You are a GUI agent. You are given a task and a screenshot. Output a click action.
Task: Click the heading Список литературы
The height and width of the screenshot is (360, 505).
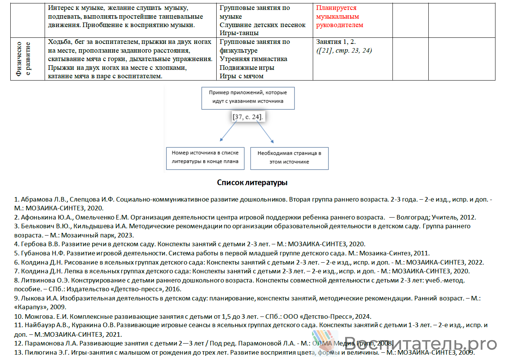(252, 182)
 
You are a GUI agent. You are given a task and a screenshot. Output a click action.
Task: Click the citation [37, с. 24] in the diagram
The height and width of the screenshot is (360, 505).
(248, 117)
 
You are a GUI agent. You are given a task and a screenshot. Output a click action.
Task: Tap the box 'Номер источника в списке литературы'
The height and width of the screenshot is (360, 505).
(205, 157)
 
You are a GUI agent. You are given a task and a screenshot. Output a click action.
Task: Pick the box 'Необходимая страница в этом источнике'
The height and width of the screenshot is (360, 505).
(289, 158)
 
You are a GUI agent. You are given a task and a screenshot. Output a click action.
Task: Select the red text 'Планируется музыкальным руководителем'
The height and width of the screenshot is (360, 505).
(339, 16)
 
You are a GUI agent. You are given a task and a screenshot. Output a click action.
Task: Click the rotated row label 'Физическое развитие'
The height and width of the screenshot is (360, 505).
(23, 59)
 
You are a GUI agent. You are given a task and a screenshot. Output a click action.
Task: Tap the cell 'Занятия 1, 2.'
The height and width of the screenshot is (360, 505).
(336, 42)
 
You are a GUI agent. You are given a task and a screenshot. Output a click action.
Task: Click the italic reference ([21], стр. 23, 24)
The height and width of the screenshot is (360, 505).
(344, 50)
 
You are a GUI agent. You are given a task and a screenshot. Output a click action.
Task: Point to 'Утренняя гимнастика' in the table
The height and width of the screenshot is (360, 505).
(253, 59)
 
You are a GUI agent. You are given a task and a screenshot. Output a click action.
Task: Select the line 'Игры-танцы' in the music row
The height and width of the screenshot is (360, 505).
(239, 33)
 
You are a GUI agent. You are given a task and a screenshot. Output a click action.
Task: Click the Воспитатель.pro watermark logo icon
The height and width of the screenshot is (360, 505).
(324, 341)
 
